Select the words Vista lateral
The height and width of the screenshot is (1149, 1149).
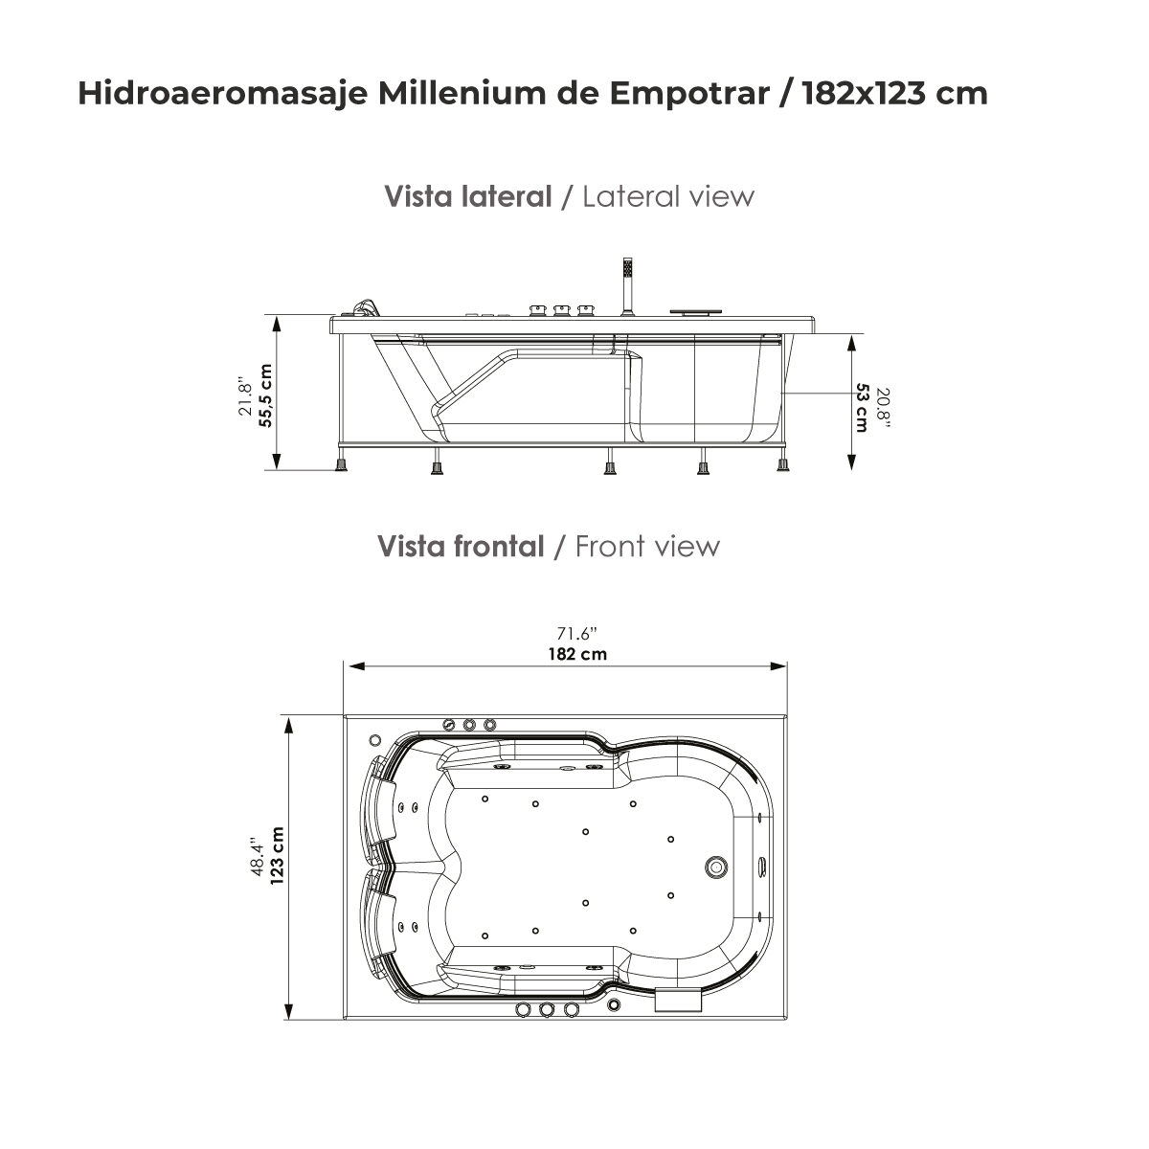(467, 196)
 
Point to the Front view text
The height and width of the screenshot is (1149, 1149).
(647, 546)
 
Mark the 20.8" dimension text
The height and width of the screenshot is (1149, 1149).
(883, 409)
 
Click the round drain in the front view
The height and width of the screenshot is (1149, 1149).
(715, 867)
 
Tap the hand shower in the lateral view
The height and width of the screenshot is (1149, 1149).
(627, 283)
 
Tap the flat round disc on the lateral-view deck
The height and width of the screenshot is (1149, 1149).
(696, 309)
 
